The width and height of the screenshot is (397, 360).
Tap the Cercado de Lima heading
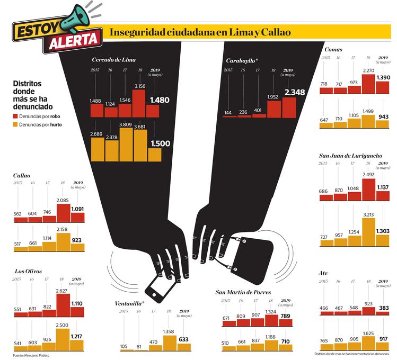[113, 60]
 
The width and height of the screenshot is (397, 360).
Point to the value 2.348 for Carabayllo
[295, 92]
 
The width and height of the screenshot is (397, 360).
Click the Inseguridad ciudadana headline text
[200, 32]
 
